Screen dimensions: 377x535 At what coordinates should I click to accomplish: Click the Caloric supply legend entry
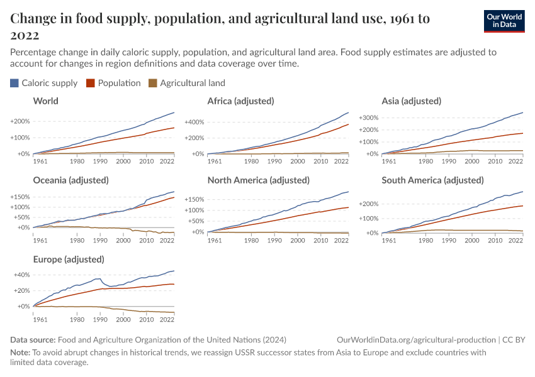(43, 83)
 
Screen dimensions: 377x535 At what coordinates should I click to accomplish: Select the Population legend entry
(114, 83)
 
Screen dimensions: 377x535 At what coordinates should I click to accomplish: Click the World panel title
(45, 101)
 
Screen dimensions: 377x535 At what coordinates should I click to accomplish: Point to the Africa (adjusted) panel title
(241, 101)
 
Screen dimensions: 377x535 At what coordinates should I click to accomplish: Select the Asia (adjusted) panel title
(411, 101)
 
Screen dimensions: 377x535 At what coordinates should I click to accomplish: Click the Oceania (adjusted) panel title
(70, 180)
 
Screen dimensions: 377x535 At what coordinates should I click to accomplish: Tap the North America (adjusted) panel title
(258, 180)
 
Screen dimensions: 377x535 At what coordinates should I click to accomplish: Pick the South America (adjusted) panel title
(432, 180)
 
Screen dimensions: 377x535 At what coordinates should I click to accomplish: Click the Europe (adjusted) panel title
(68, 260)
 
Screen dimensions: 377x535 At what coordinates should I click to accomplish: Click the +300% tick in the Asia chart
(369, 117)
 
